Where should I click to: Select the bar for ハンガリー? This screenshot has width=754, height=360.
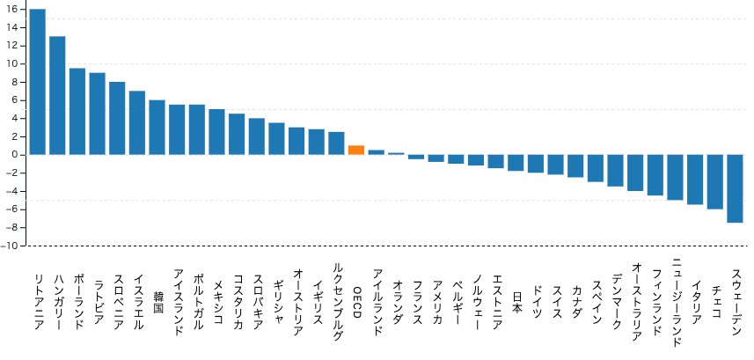pos(57,95)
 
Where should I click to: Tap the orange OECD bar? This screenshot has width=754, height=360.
pos(356,150)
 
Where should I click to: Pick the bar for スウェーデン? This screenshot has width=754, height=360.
pos(735,188)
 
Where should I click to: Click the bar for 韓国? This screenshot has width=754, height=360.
pos(157,128)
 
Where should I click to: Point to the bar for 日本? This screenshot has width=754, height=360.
pos(516,163)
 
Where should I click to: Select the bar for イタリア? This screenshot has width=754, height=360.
pos(695,180)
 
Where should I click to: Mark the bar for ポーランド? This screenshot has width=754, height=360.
pos(77,111)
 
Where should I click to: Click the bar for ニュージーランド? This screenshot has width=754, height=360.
pos(675,177)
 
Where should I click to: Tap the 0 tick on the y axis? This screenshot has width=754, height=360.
pos(15,155)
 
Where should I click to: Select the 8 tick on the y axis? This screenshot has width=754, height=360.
pos(15,82)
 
